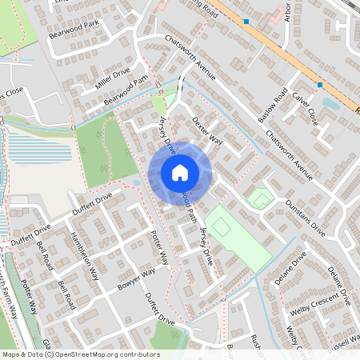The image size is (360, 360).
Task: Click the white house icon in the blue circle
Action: (180, 172)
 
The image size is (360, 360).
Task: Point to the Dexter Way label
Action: (207, 129)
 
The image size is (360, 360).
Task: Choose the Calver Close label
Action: (306, 110)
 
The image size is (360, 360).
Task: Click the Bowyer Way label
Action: (135, 283)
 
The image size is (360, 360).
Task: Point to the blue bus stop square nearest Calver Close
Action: (320, 84)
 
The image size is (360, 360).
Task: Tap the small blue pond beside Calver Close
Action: (330, 102)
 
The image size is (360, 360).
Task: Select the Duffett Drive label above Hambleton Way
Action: (92, 204)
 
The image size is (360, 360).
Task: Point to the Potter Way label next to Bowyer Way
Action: (160, 248)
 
